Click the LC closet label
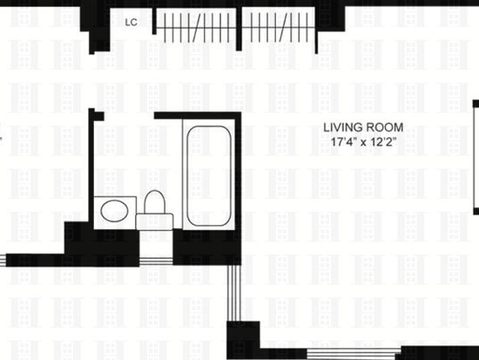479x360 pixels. click(x=132, y=23)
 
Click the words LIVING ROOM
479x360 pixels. click(x=363, y=127)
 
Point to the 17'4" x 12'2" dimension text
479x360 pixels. click(x=363, y=142)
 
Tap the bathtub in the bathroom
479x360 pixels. click(x=209, y=175)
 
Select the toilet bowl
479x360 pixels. click(x=154, y=201)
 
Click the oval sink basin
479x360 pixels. click(x=114, y=211)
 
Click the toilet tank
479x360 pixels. click(x=154, y=221)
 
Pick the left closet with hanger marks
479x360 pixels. click(x=195, y=27)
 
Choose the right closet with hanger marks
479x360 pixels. click(x=279, y=27)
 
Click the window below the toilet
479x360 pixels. click(x=156, y=262)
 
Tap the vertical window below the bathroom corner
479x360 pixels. click(x=234, y=293)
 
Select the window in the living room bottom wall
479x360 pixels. click(x=354, y=353)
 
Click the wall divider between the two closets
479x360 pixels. click(x=239, y=29)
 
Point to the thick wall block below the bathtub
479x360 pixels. click(x=207, y=248)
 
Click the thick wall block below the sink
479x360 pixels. click(x=102, y=244)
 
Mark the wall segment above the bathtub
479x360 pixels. click(x=198, y=116)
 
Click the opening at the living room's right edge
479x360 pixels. click(x=476, y=158)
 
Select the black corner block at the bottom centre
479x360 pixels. click(x=243, y=340)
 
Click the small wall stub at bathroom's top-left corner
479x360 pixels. click(x=97, y=115)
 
